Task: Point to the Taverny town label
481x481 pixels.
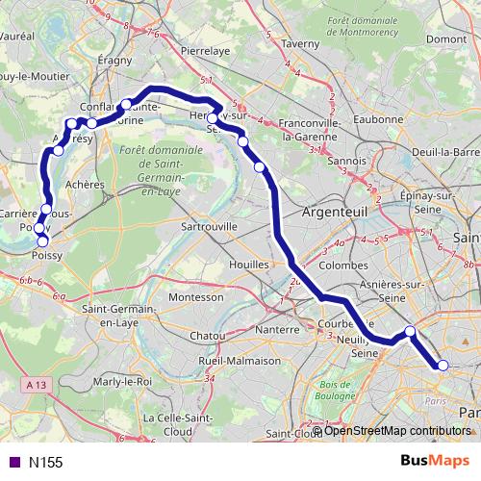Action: [x=299, y=43]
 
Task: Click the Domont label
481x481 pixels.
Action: [x=445, y=39]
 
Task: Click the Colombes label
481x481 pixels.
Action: [x=343, y=265]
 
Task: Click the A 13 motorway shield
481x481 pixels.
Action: [x=37, y=384]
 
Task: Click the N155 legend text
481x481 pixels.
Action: [x=45, y=462]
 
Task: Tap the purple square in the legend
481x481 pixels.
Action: [x=13, y=462]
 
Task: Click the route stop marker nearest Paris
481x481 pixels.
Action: [x=443, y=365]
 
